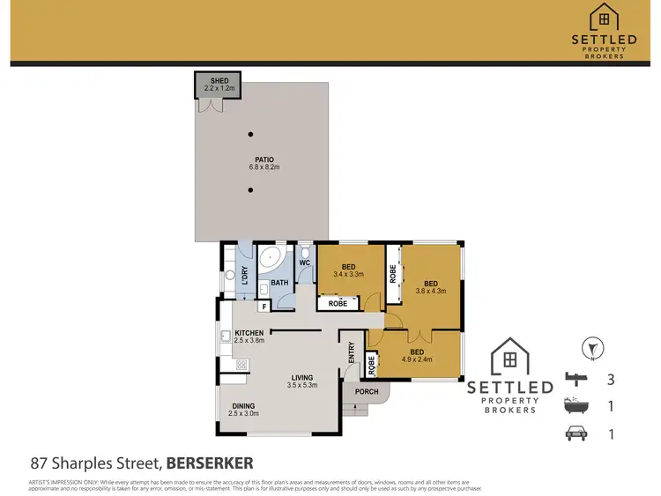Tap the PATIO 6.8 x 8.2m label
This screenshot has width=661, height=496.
tap(262, 163)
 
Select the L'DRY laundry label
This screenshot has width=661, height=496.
tap(242, 276)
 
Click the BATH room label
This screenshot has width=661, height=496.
tap(279, 283)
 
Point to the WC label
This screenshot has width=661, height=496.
tap(304, 263)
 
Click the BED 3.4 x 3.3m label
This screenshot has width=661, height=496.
tap(349, 270)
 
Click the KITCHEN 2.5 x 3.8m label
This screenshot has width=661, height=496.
tap(249, 337)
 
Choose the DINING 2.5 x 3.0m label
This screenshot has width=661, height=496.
tap(243, 409)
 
